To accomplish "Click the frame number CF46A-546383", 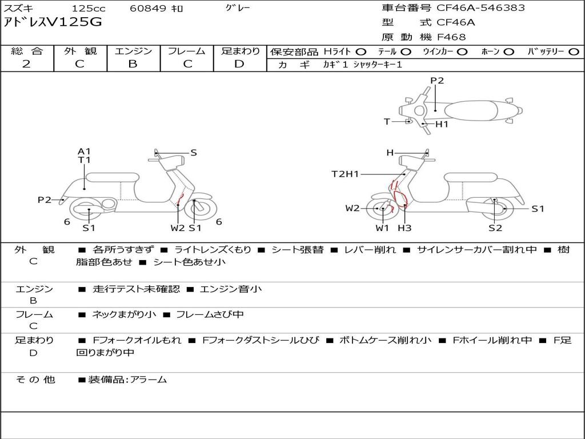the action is tap(480, 7).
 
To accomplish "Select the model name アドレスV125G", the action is tap(53, 22).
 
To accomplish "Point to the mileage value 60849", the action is tap(147, 8).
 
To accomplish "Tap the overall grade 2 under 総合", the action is tap(26, 63).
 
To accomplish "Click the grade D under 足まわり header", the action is tap(239, 63).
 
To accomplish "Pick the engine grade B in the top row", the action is tap(133, 63).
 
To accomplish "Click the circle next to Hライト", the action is tap(361, 52).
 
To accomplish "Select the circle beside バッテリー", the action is tap(574, 52).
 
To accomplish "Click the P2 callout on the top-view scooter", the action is tap(437, 80).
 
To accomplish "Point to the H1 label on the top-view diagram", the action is tap(442, 124).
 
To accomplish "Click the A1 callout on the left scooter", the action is tap(85, 151).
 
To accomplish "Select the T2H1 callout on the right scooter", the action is tap(345, 174).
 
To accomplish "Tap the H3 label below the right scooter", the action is tap(404, 228).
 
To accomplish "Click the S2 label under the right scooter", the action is tap(495, 228).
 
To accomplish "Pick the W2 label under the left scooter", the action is tap(178, 228).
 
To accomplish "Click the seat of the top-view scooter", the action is tap(471, 111).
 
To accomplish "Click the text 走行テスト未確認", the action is tap(136, 289).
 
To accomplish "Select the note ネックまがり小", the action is tap(124, 315).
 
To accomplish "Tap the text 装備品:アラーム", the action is tap(127, 380).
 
